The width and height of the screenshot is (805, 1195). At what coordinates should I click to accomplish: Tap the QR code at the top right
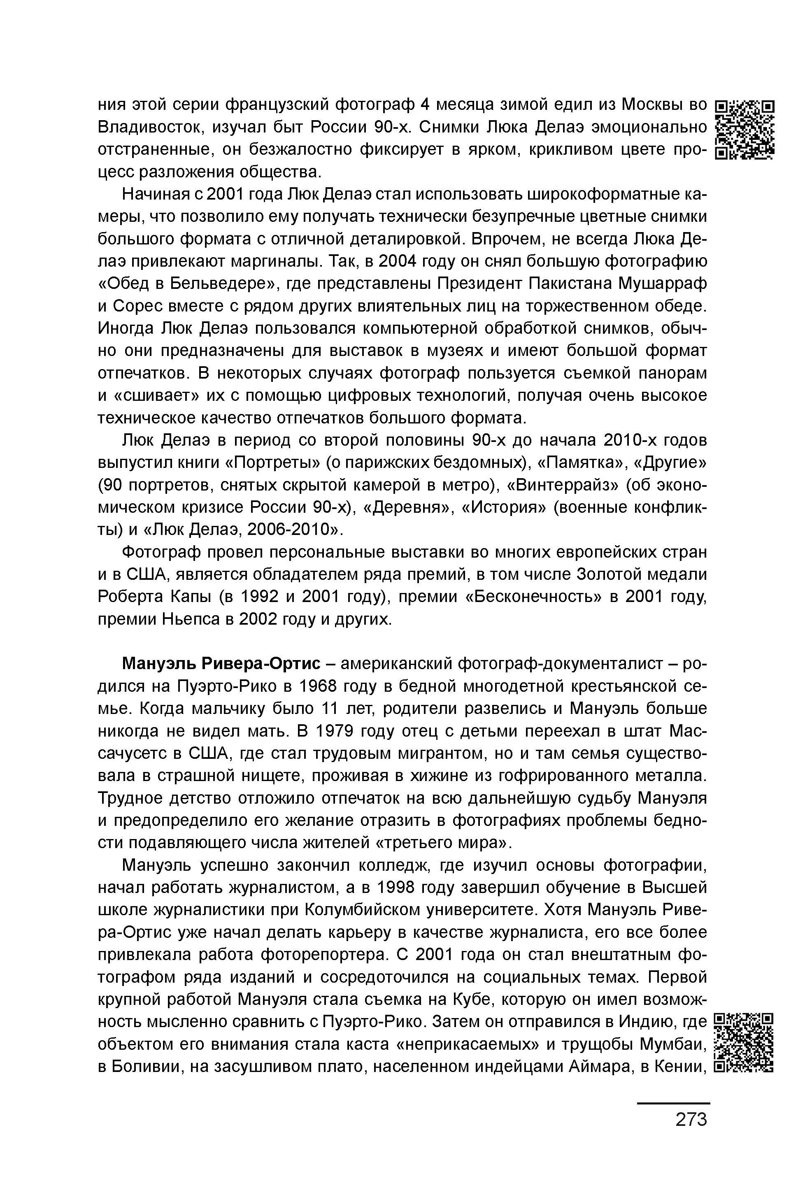point(744,130)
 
